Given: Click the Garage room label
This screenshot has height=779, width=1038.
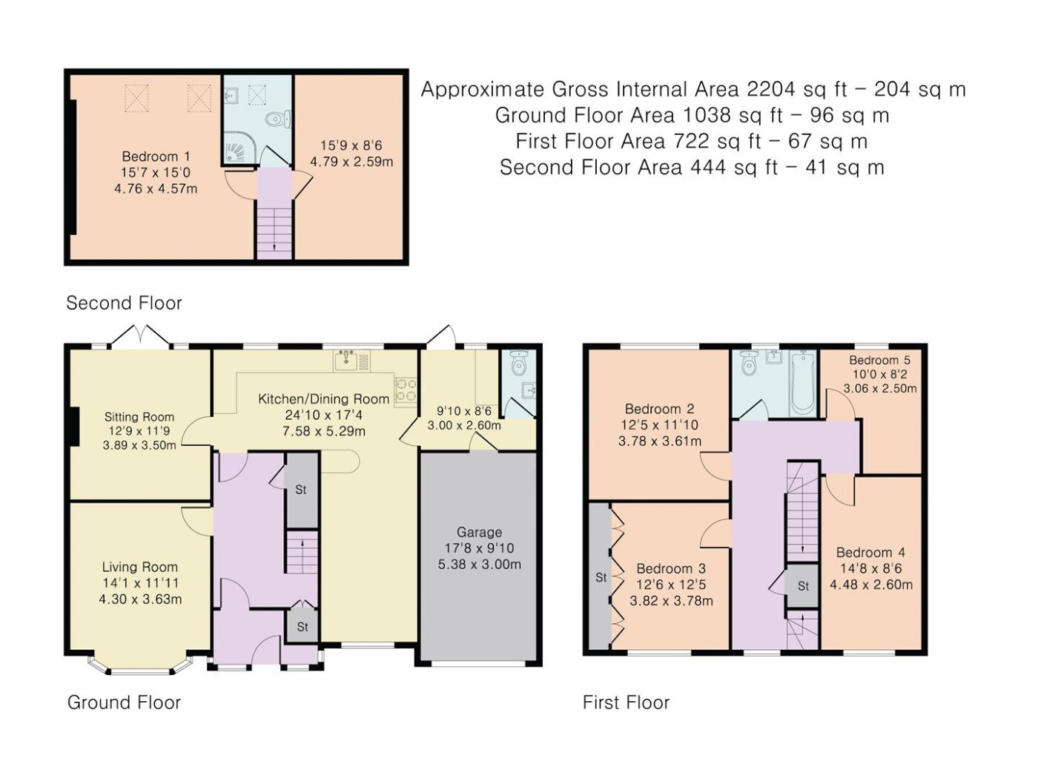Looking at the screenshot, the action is click(479, 532).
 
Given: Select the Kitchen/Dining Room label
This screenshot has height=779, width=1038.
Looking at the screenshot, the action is click(324, 398).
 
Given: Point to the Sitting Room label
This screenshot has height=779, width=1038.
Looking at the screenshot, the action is click(139, 417).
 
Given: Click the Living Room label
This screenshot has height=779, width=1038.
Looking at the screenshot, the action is click(140, 567).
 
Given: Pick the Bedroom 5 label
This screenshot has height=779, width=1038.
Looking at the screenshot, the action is click(879, 360).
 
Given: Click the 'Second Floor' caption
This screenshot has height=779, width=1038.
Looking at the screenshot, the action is click(124, 303).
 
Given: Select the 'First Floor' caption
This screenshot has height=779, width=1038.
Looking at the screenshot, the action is click(626, 703).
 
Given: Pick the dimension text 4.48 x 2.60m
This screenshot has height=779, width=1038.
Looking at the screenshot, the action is click(871, 585).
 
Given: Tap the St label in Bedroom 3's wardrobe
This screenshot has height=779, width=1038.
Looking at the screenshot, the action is click(601, 577).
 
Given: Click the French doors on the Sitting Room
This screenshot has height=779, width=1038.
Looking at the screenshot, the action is click(140, 335).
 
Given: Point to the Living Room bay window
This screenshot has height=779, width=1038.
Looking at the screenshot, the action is click(140, 663).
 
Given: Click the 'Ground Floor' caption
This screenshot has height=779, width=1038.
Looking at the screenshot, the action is click(124, 703).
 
